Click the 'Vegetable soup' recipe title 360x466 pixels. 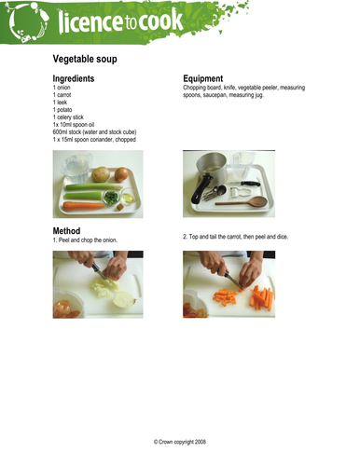click(x=85, y=59)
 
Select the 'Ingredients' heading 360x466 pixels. click(x=74, y=78)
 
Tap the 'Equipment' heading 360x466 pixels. click(x=203, y=78)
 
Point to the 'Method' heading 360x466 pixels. click(x=66, y=231)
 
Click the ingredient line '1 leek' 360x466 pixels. click(x=60, y=103)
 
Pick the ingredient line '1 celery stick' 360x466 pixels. click(x=68, y=117)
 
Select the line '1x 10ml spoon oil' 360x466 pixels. click(x=74, y=125)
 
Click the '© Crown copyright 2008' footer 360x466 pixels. click(x=180, y=442)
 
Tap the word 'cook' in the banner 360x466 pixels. click(x=160, y=21)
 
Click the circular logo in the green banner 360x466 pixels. click(x=28, y=22)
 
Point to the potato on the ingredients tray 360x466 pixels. click(x=101, y=174)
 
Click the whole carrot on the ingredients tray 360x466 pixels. click(x=83, y=206)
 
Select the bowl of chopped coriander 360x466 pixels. click(x=111, y=198)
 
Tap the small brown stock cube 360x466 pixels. click(x=120, y=207)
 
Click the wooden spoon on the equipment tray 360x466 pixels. click(x=242, y=202)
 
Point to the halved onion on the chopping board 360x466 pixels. click(x=124, y=299)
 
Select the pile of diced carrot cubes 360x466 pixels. click(x=225, y=297)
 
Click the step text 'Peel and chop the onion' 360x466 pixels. click(x=88, y=240)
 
